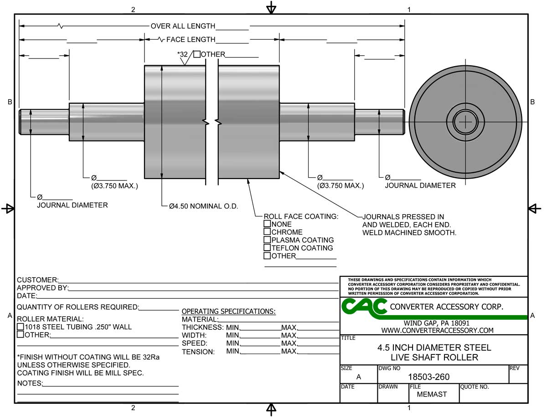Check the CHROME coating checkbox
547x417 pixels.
click(x=268, y=232)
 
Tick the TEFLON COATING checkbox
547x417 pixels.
click(x=268, y=248)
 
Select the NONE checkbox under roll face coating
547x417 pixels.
click(x=268, y=224)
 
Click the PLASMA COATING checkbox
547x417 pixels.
click(x=268, y=240)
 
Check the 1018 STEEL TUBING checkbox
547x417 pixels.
click(x=21, y=327)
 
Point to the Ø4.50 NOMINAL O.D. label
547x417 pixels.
click(x=203, y=206)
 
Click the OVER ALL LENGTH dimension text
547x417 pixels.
click(x=183, y=26)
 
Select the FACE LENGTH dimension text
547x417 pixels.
click(x=191, y=40)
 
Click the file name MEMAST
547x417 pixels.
click(x=432, y=394)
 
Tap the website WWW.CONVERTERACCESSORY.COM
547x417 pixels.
click(x=437, y=330)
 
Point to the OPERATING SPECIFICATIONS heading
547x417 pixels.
click(x=228, y=311)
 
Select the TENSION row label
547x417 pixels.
click(x=198, y=352)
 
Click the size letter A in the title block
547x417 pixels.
click(x=358, y=377)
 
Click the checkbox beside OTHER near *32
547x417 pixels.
click(x=196, y=54)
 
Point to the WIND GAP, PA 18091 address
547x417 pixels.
click(x=437, y=323)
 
